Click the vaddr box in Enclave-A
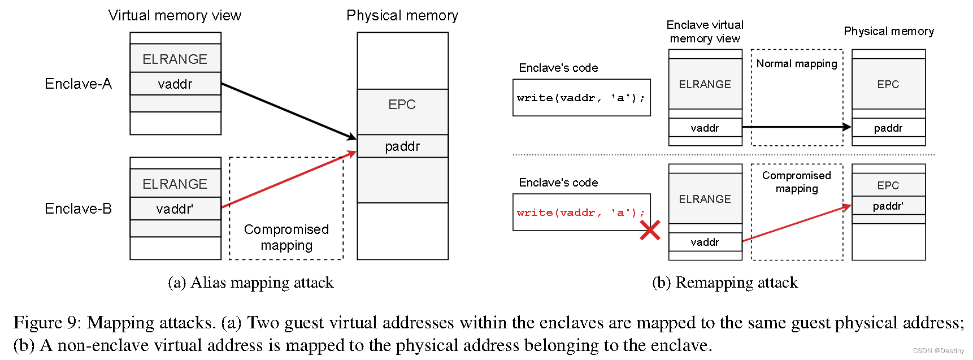point(175,84)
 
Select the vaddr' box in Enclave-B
point(175,209)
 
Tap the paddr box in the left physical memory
point(402,146)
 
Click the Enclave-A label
point(78,84)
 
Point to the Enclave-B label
point(78,209)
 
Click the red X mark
point(650,230)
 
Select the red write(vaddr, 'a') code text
point(580,212)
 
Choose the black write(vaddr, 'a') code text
point(580,98)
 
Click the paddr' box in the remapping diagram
point(888,206)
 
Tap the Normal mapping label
point(797,63)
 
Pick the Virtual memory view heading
point(175,15)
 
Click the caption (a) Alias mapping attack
point(251,283)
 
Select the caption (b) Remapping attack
point(725,283)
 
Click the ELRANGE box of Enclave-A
point(175,59)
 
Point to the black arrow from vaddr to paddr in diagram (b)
point(797,127)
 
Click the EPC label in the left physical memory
point(402,105)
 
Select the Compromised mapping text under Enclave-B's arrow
point(286,237)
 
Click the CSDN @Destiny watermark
point(939,351)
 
